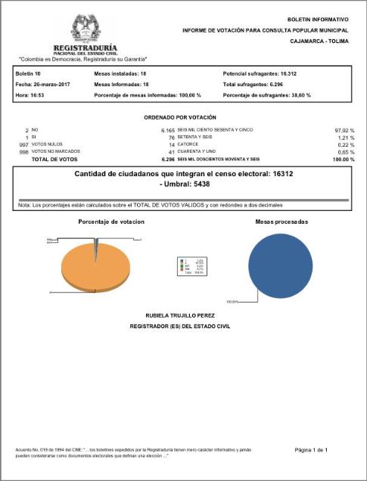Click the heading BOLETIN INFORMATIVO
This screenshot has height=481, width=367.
(318, 18)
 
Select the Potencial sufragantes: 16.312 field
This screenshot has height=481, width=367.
(259, 73)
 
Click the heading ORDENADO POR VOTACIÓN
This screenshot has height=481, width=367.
(180, 118)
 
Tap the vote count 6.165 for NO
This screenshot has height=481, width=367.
(167, 130)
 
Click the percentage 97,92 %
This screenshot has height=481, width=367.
(344, 130)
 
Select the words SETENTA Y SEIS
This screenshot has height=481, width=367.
(196, 138)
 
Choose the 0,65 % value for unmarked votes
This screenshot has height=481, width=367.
(345, 152)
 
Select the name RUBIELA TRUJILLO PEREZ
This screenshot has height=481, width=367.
(181, 313)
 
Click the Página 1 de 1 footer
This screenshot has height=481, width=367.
(310, 450)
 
